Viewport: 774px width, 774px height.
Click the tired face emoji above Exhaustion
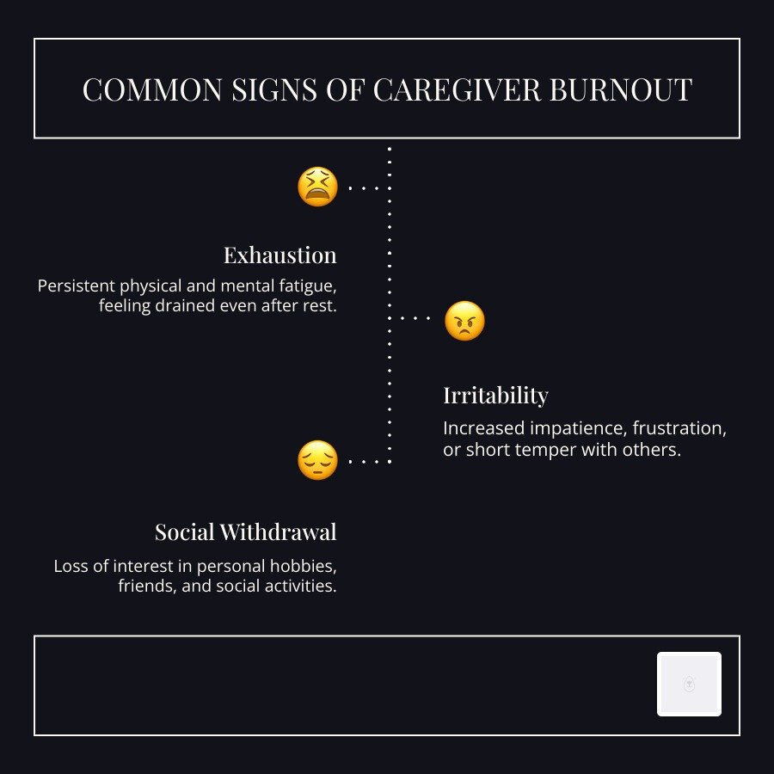pyautogui.click(x=317, y=187)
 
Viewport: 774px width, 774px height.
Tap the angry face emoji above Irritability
pyautogui.click(x=464, y=322)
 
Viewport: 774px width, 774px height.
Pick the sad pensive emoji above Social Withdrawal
pyautogui.click(x=317, y=460)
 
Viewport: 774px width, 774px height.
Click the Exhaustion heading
pyautogui.click(x=279, y=255)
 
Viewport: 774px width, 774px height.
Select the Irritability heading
pyautogui.click(x=495, y=396)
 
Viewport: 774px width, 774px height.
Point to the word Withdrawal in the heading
pyautogui.click(x=278, y=532)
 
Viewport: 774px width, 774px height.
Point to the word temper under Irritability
pyautogui.click(x=550, y=450)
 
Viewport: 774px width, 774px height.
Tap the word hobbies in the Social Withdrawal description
pyautogui.click(x=304, y=567)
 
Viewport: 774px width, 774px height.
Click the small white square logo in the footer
pyautogui.click(x=689, y=684)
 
